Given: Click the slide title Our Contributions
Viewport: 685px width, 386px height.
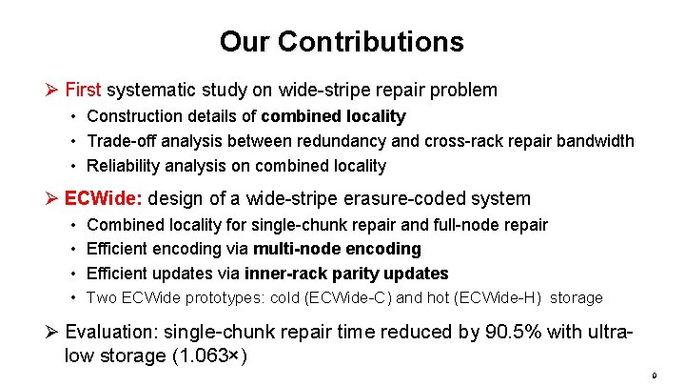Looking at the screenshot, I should [342, 42].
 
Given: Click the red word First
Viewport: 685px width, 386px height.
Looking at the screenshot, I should [83, 91].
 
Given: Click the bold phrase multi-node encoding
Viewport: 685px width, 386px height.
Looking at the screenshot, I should [337, 249].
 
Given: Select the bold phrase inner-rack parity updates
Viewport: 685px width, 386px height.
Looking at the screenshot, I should [346, 274].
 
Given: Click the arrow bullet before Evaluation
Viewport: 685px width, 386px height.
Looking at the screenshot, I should [53, 333].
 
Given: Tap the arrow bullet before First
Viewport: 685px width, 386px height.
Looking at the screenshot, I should [53, 91].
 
